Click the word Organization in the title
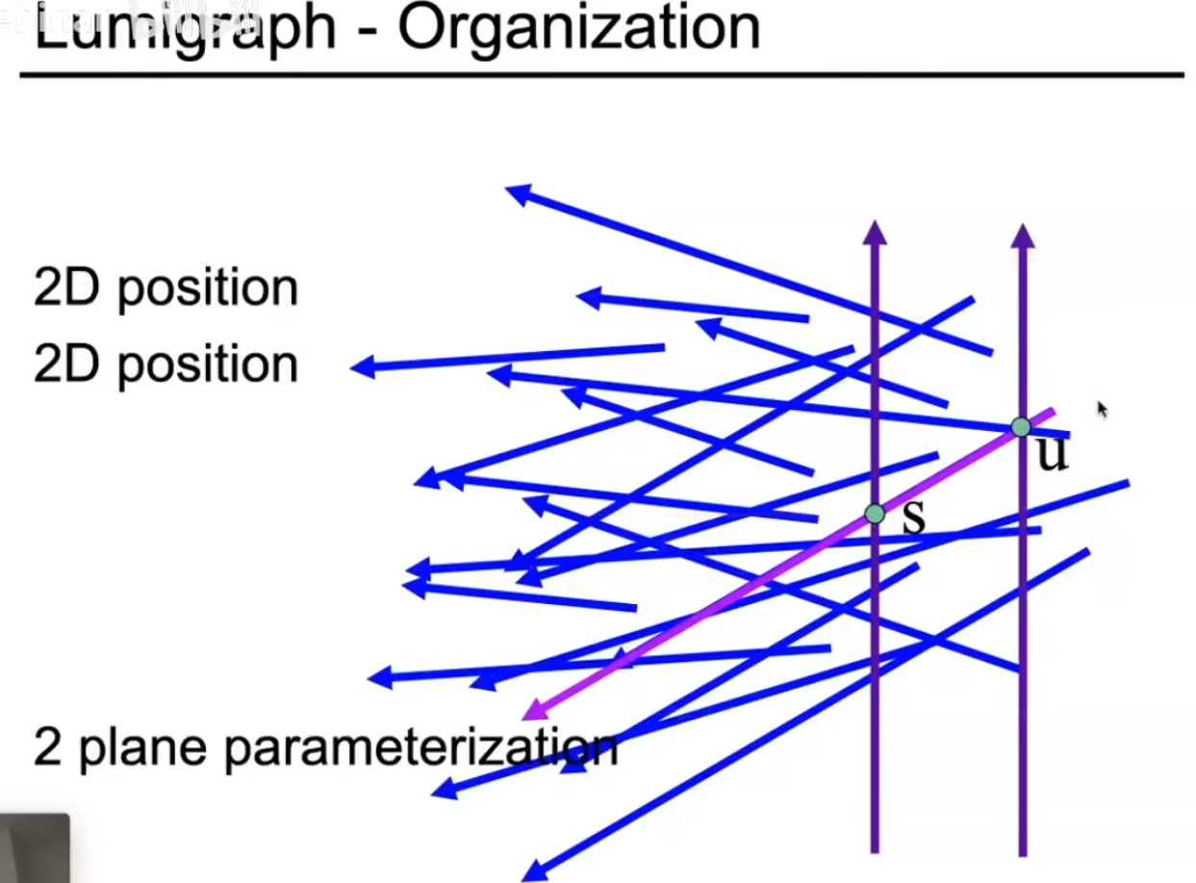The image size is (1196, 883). coord(578,29)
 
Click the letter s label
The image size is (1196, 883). coord(913,518)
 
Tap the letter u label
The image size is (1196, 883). coord(1052,453)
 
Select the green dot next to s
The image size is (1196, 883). coord(875,514)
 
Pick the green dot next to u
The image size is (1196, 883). coord(1021,426)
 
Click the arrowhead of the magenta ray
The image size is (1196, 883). coord(532,713)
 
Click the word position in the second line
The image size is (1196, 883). coord(208,366)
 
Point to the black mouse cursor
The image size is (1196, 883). coord(1103,409)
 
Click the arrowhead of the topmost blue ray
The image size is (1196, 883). coord(517,192)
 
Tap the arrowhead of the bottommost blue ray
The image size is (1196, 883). coord(532,871)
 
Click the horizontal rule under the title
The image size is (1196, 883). coord(601,74)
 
